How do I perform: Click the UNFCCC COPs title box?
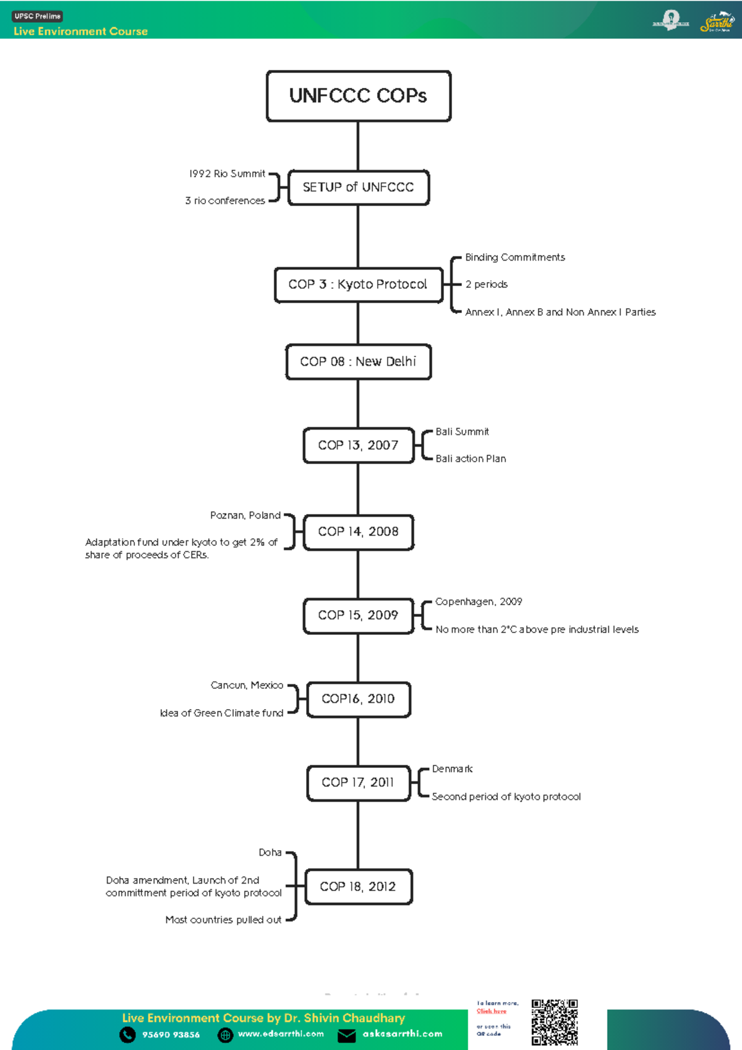[x=359, y=96]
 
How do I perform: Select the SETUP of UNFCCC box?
[x=359, y=187]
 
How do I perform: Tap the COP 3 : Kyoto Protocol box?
[x=359, y=285]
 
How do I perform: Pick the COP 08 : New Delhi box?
[x=359, y=362]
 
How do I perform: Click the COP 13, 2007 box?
[x=359, y=445]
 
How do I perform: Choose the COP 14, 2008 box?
[x=359, y=532]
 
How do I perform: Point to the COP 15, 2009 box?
[x=359, y=616]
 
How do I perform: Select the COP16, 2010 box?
[x=359, y=699]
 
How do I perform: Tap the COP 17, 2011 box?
[x=359, y=783]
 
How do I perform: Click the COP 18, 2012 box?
[x=359, y=887]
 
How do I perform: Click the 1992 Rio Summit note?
[x=227, y=174]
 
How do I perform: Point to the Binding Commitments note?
[x=515, y=257]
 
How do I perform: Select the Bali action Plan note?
[x=471, y=458]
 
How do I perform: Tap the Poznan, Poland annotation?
[x=245, y=515]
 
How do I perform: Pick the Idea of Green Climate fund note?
[x=221, y=713]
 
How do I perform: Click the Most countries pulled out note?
[x=223, y=920]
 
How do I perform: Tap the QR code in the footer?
[x=555, y=1022]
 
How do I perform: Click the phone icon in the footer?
[x=127, y=1035]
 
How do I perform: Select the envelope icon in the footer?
[x=346, y=1035]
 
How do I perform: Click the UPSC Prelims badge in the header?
[x=38, y=17]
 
